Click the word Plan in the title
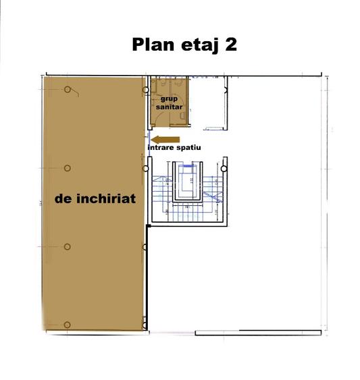click(152, 45)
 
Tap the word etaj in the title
click(197, 45)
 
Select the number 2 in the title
click(231, 45)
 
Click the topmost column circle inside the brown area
click(68, 90)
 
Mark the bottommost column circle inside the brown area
click(68, 325)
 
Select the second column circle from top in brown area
click(68, 168)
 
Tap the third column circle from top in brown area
click(68, 246)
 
